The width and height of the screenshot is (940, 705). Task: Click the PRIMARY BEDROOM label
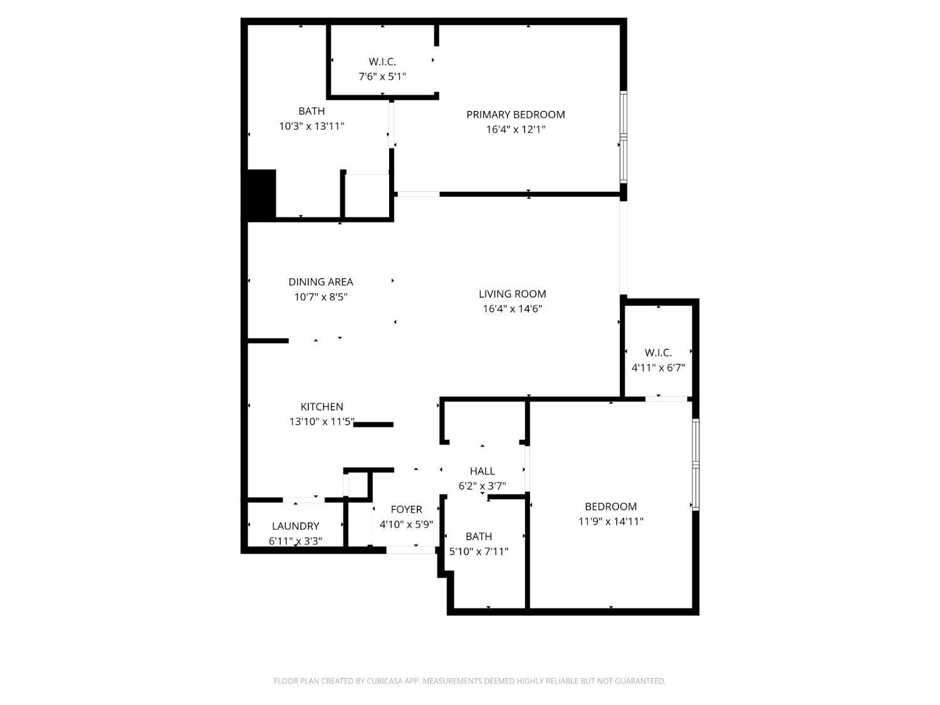pyautogui.click(x=515, y=115)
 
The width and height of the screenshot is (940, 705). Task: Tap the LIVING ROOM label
pyautogui.click(x=512, y=294)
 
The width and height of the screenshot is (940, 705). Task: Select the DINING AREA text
pyautogui.click(x=320, y=282)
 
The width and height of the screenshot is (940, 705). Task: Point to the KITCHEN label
pyautogui.click(x=321, y=407)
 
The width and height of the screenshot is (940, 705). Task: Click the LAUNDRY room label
pyautogui.click(x=295, y=526)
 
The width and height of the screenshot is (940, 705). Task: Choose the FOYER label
pyautogui.click(x=406, y=509)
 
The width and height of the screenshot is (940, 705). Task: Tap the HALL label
pyautogui.click(x=482, y=471)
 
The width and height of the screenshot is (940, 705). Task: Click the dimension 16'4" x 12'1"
pyautogui.click(x=515, y=130)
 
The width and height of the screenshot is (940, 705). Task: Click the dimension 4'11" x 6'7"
pyautogui.click(x=658, y=368)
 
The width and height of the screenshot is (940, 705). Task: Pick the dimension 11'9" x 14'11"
pyautogui.click(x=610, y=521)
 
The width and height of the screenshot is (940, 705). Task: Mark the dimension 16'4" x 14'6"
pyautogui.click(x=512, y=309)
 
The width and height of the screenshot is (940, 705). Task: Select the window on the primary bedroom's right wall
pyautogui.click(x=624, y=137)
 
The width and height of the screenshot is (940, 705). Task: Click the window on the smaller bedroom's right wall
pyautogui.click(x=696, y=464)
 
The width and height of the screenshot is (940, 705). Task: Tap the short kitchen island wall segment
pyautogui.click(x=374, y=425)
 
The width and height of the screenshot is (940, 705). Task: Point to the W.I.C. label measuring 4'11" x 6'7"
pyautogui.click(x=658, y=353)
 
